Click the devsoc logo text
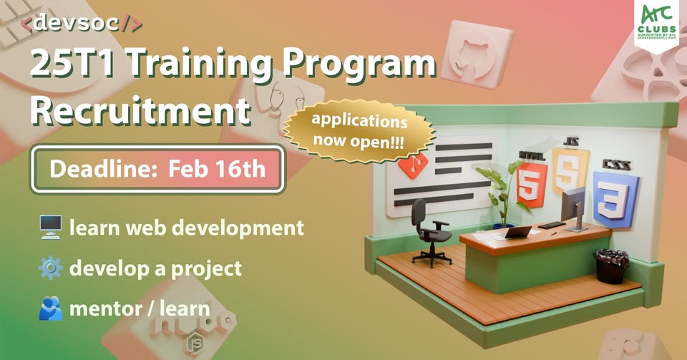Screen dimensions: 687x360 pyautogui.click(x=82, y=23)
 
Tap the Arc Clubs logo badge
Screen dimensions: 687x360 pyautogui.click(x=656, y=24)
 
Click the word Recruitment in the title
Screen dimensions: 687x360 pyautogui.click(x=141, y=111)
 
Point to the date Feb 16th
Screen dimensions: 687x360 pyautogui.click(x=217, y=169)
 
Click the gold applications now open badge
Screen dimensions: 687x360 pyautogui.click(x=359, y=131)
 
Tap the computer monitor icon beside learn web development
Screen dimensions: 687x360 pyautogui.click(x=50, y=228)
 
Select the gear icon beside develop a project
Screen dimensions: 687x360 pyautogui.click(x=50, y=268)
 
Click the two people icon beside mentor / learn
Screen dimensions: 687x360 pyautogui.click(x=50, y=308)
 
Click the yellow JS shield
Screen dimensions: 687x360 pyautogui.click(x=569, y=170)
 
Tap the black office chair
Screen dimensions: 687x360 pyautogui.click(x=429, y=233)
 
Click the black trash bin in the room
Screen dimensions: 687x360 pyautogui.click(x=610, y=266)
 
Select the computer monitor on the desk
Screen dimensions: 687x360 pyautogui.click(x=573, y=209)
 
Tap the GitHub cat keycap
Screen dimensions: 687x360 pyautogui.click(x=476, y=54)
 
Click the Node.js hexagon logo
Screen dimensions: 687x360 pyautogui.click(x=195, y=344)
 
